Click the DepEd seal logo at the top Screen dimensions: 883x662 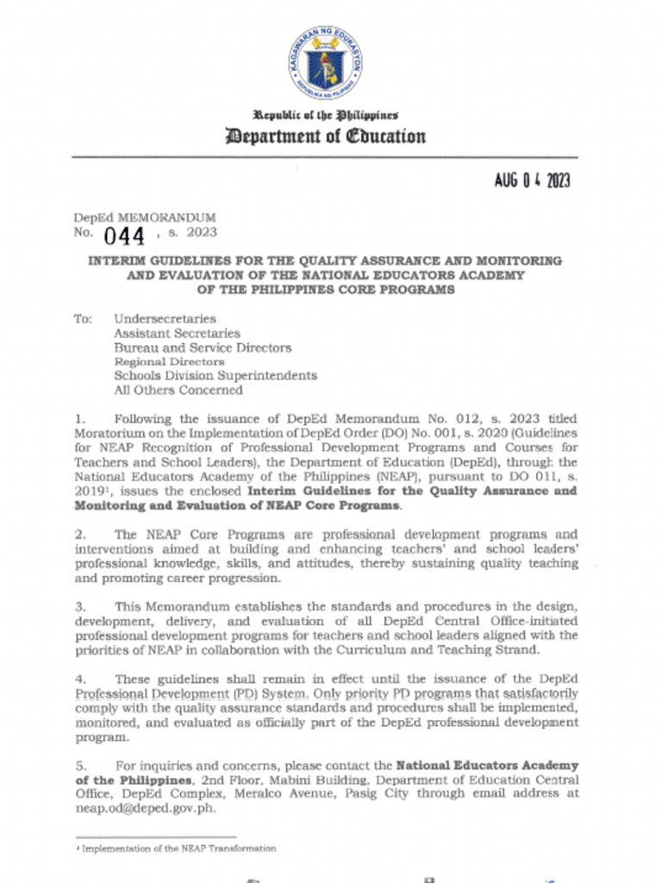click(x=325, y=63)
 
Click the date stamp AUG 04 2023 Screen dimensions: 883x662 click(x=532, y=180)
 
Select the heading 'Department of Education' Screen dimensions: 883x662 click(x=325, y=136)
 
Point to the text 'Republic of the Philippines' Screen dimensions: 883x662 click(x=325, y=115)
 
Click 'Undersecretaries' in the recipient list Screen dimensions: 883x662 click(x=165, y=319)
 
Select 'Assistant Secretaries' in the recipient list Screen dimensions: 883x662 click(x=177, y=334)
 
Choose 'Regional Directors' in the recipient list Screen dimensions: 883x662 click(x=169, y=362)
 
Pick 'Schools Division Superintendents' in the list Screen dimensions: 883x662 click(x=215, y=376)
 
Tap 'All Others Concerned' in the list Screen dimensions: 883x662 click(x=178, y=390)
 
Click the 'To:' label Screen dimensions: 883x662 click(x=83, y=319)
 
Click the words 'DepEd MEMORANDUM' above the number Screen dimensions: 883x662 click(x=145, y=218)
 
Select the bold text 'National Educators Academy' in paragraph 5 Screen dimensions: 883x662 click(x=486, y=766)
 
